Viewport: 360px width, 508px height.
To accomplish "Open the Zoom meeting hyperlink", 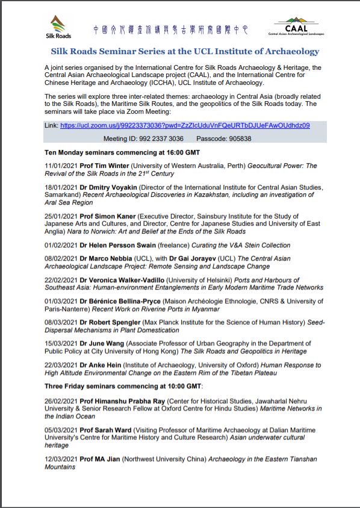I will pyautogui.click(x=185, y=125).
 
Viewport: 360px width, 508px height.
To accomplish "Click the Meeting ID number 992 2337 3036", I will pyautogui.click(x=159, y=138).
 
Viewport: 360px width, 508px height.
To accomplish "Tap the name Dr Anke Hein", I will pyautogui.click(x=103, y=365).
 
